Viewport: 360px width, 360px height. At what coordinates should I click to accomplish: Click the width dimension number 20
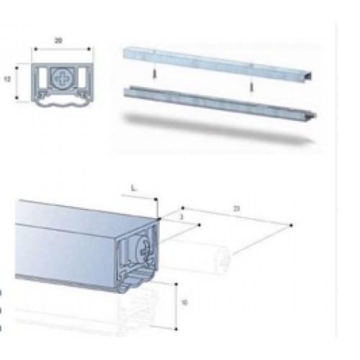[61, 41]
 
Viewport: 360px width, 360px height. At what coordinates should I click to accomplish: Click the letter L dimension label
[135, 189]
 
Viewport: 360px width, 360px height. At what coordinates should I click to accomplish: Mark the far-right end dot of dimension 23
[289, 226]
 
